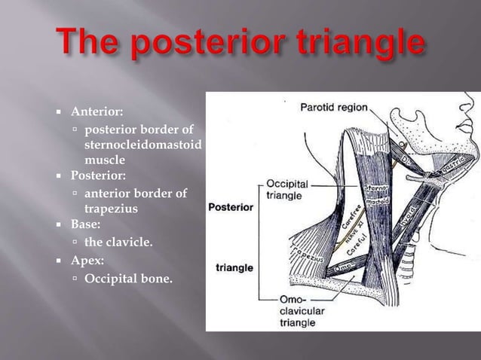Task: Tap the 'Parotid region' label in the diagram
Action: click(x=336, y=107)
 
